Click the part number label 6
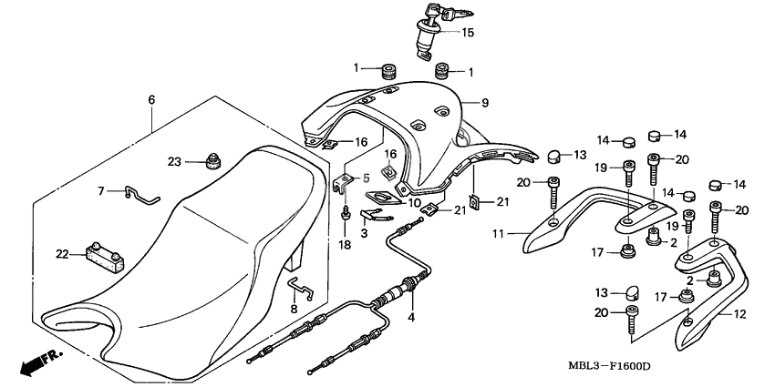tap(151, 99)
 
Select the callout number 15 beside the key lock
tap(468, 33)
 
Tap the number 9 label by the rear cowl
tap(486, 102)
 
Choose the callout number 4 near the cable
tap(411, 318)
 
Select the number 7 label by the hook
tap(102, 191)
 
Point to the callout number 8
tap(294, 310)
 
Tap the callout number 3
tap(363, 234)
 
